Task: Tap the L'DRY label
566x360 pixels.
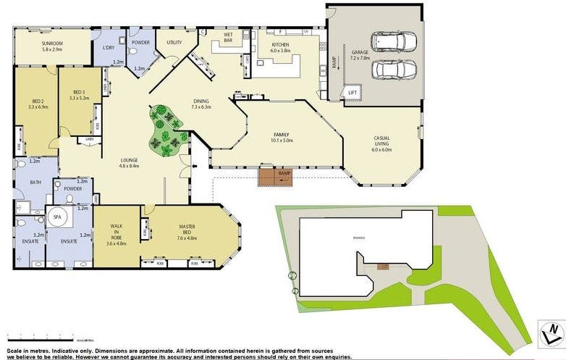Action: (109, 48)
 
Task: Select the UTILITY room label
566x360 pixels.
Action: (174, 43)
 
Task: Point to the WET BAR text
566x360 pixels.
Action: (227, 36)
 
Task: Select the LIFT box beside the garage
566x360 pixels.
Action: (352, 93)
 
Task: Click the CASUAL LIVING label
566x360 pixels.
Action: (381, 141)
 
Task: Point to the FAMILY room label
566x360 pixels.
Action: (282, 137)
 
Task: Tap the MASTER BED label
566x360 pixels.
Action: (187, 230)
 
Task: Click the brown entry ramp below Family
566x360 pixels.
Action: (275, 176)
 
